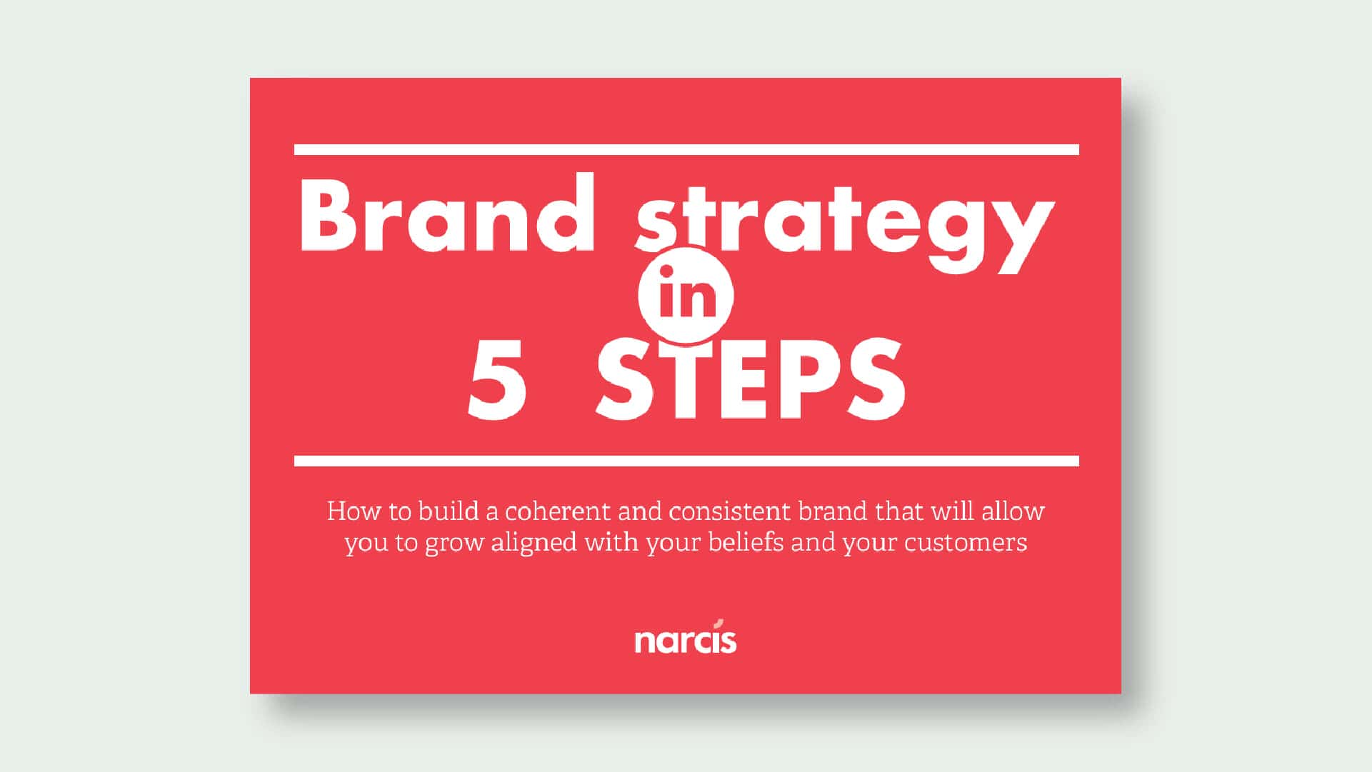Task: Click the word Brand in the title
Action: (448, 212)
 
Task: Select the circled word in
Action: (686, 294)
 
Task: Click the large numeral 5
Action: (498, 380)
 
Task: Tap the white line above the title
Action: (686, 150)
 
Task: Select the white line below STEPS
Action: (686, 461)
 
